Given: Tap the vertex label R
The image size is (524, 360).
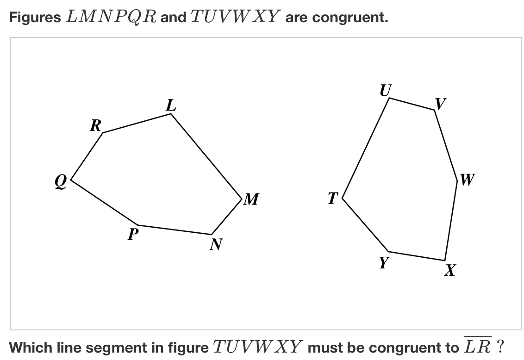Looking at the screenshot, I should click(x=95, y=125).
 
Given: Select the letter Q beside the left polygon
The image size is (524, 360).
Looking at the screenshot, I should click(x=61, y=182).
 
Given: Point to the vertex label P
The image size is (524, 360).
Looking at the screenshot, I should click(x=133, y=235).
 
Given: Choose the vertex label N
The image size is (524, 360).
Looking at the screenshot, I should click(x=214, y=244).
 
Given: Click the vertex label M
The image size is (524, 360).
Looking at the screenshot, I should click(x=251, y=199).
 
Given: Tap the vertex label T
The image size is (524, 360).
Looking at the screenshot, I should click(x=333, y=198).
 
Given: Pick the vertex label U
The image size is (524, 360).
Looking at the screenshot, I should click(x=384, y=90).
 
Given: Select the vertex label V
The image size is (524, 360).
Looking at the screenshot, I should click(x=441, y=103).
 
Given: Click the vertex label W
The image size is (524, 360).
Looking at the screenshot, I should click(x=467, y=179).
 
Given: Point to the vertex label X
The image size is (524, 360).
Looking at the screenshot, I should click(x=449, y=270).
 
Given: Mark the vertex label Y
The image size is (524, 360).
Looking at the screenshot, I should click(x=383, y=262).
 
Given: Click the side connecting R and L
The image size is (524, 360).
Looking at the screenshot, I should click(x=137, y=123).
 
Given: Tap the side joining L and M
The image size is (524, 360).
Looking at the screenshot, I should click(x=206, y=156).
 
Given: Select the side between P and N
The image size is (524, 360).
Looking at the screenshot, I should click(x=175, y=230).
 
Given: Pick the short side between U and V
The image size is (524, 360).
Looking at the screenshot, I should click(x=412, y=104).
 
